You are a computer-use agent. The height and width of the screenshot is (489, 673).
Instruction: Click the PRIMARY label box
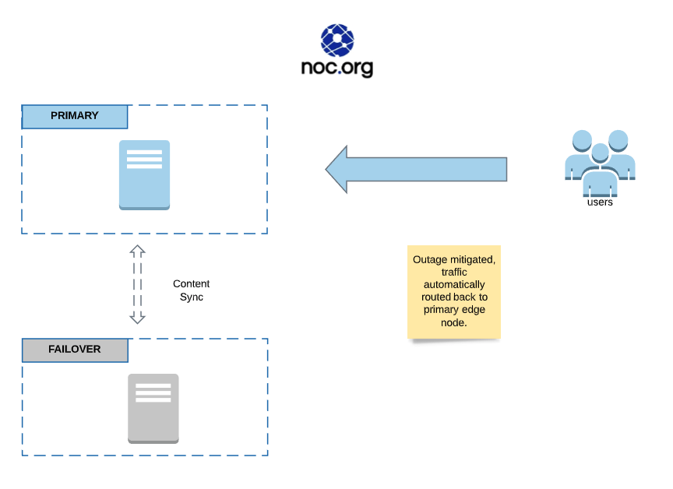[75, 116]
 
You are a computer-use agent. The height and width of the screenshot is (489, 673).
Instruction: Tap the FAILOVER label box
[75, 350]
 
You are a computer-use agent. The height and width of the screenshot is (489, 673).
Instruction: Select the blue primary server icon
[144, 174]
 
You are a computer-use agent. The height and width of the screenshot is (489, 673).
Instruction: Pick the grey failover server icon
[153, 408]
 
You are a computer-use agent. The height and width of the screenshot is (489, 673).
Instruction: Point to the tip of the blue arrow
[327, 169]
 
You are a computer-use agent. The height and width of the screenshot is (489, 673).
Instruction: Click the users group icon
[600, 162]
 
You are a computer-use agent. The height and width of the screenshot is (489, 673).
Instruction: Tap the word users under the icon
[600, 202]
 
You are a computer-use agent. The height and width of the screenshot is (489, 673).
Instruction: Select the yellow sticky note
[453, 292]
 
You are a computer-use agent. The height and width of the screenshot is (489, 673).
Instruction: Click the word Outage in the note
[430, 259]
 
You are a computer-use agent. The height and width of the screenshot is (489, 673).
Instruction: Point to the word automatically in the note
[453, 284]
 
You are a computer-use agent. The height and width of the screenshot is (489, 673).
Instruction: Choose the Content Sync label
[192, 290]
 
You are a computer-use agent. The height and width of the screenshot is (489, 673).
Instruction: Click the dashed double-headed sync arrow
[138, 284]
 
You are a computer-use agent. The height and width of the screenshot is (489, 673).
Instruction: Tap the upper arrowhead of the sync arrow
[138, 250]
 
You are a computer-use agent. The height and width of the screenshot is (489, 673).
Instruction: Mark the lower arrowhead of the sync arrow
[138, 318]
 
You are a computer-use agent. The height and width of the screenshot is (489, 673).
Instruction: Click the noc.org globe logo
[337, 40]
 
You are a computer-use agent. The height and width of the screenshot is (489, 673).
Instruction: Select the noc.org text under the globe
[337, 68]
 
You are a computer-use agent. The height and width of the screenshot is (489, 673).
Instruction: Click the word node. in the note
[454, 322]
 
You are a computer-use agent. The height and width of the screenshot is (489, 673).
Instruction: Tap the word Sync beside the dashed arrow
[192, 297]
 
